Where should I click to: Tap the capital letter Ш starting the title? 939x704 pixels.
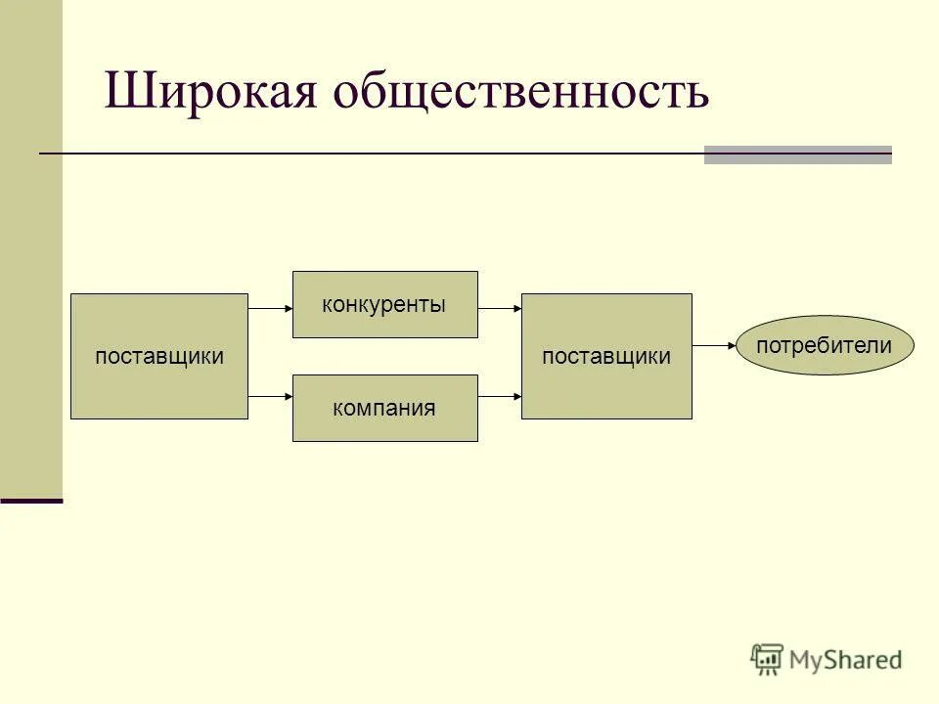coord(125,92)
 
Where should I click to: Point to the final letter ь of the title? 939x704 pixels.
coord(697,94)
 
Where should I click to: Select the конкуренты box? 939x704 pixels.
coord(384,304)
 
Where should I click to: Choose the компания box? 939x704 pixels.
coord(384,408)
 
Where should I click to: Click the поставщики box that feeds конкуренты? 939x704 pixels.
coord(159,357)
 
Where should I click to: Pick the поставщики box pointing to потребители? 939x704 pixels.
coord(606,357)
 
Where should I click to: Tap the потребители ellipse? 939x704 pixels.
coord(824,345)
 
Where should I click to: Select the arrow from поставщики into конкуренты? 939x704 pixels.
coord(271,307)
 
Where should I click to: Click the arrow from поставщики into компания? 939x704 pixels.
coord(271,396)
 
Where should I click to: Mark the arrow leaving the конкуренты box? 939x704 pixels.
coord(500,307)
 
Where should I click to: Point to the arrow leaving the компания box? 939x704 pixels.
coord(500,396)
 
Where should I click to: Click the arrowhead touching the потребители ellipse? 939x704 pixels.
coord(731,346)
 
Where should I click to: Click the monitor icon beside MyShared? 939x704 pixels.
coord(767,659)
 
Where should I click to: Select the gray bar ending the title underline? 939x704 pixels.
coord(797,154)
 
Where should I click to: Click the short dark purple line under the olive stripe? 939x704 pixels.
coord(31,501)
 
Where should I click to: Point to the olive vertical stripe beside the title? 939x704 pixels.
coord(31,244)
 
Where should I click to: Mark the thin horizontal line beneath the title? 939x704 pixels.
coord(372,154)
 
